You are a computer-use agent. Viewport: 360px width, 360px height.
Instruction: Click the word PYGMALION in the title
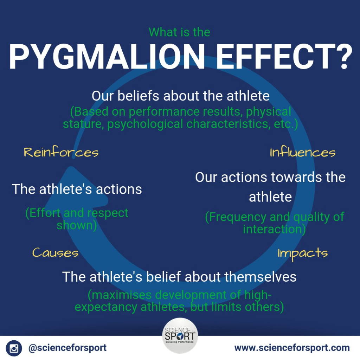(x=107, y=56)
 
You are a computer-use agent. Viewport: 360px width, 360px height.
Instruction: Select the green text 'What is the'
(x=179, y=32)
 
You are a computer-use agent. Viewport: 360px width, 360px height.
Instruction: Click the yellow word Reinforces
(x=61, y=152)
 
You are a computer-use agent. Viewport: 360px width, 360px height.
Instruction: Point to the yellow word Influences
(x=303, y=152)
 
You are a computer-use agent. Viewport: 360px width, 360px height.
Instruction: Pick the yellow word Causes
(x=55, y=252)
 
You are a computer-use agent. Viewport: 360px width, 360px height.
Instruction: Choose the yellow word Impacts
(x=303, y=253)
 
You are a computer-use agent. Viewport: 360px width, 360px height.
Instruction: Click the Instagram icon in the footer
(x=14, y=348)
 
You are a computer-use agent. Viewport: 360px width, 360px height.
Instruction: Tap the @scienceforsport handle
(x=67, y=348)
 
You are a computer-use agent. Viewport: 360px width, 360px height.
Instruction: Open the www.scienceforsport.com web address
(x=292, y=348)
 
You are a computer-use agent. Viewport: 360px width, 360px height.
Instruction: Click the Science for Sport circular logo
(x=180, y=336)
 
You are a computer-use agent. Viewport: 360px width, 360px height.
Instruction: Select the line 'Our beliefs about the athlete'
(x=180, y=96)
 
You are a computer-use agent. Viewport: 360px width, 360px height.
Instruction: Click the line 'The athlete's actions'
(x=77, y=189)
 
